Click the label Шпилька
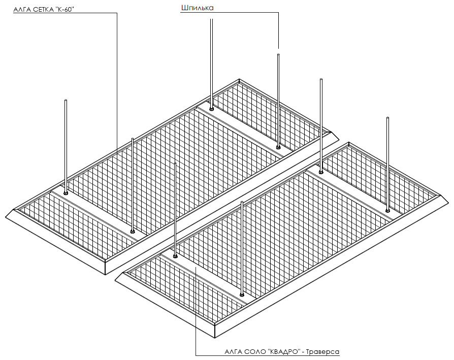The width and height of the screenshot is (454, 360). [x=197, y=8]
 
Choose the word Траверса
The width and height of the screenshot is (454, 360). [x=322, y=352]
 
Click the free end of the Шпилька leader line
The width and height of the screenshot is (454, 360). [x=278, y=48]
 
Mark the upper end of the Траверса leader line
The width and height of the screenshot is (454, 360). [x=196, y=268]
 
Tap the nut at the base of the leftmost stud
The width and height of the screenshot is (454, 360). [x=66, y=193]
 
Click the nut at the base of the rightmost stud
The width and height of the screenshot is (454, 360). [x=387, y=210]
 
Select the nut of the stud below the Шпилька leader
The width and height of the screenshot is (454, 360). [x=278, y=147]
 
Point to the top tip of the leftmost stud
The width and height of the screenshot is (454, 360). [x=66, y=100]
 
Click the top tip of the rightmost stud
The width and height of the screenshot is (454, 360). [x=387, y=117]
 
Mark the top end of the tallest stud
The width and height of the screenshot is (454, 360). [x=212, y=19]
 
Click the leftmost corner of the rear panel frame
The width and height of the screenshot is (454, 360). [x=6, y=216]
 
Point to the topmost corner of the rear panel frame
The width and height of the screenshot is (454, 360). [x=239, y=79]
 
